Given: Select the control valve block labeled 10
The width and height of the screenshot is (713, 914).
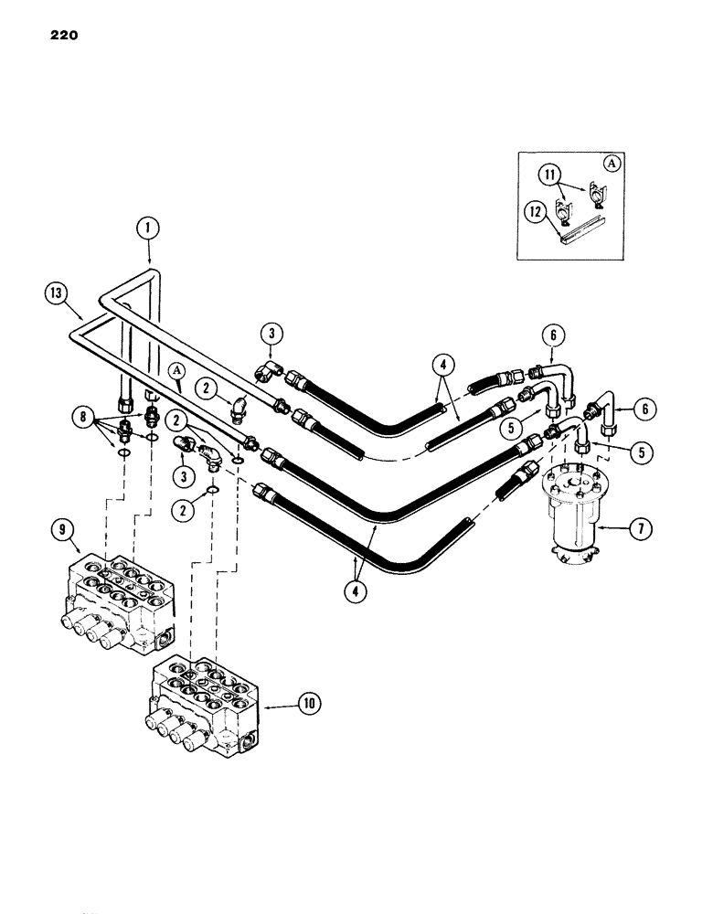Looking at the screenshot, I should click(206, 708).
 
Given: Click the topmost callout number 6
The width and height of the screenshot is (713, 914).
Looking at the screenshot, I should click(551, 335).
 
